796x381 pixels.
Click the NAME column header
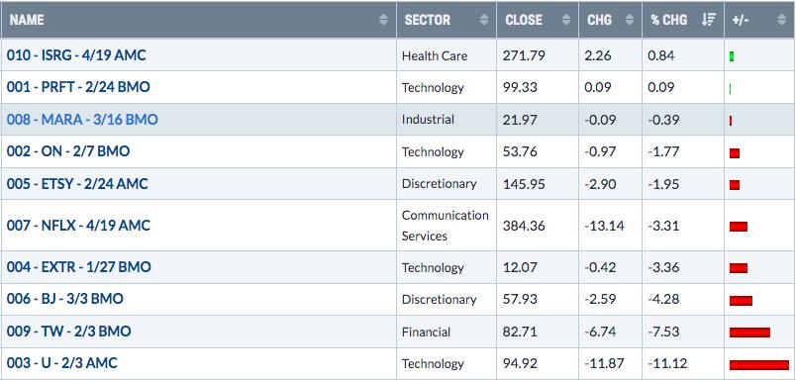(x=27, y=20)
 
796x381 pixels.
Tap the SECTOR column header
(x=428, y=20)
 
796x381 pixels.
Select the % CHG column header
(x=669, y=20)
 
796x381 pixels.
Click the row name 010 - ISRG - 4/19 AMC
(x=76, y=54)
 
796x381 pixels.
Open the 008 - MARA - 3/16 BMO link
(x=82, y=120)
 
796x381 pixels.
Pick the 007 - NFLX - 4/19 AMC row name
(x=78, y=226)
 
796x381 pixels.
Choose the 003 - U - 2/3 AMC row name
(x=62, y=363)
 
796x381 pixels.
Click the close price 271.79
(x=524, y=55)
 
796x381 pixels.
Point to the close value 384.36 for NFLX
(x=524, y=226)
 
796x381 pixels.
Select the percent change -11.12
(x=668, y=364)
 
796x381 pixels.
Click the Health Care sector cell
(x=435, y=55)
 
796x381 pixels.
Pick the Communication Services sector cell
(x=446, y=226)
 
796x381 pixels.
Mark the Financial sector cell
(x=426, y=333)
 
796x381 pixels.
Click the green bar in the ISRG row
(x=732, y=56)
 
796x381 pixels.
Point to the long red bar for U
(x=759, y=365)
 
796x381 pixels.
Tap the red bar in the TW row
(x=749, y=333)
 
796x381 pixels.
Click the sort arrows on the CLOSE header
(x=566, y=20)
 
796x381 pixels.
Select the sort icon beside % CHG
(x=708, y=20)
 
